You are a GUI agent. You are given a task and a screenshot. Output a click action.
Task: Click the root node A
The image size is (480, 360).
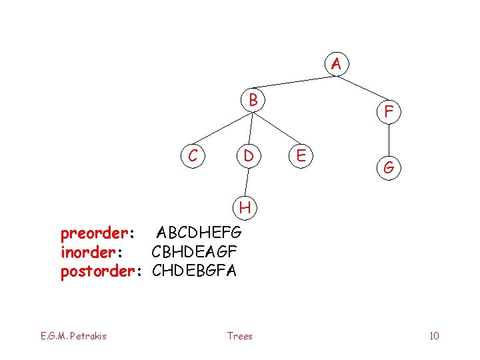pyautogui.click(x=336, y=65)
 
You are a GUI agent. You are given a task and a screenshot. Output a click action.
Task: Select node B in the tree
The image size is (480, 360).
pyautogui.click(x=253, y=101)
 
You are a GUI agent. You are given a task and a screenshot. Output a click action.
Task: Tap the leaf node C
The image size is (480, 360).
pyautogui.click(x=193, y=156)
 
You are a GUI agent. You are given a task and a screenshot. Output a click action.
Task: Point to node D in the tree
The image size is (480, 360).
pyautogui.click(x=248, y=156)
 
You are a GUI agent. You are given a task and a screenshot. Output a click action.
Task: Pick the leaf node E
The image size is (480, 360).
pyautogui.click(x=301, y=156)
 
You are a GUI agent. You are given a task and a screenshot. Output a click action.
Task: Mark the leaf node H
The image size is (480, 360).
pyautogui.click(x=245, y=207)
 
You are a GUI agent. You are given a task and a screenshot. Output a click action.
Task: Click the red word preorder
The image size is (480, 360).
pyautogui.click(x=96, y=233)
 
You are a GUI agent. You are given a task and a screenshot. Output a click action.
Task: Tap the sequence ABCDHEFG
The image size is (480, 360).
pyautogui.click(x=199, y=233)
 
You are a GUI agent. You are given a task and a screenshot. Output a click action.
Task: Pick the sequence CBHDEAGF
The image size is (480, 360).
pyautogui.click(x=194, y=252)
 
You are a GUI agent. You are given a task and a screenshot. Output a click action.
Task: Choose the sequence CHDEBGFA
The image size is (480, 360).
pyautogui.click(x=194, y=271)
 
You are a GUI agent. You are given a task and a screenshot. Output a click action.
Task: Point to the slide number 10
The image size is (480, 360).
pyautogui.click(x=434, y=335)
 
